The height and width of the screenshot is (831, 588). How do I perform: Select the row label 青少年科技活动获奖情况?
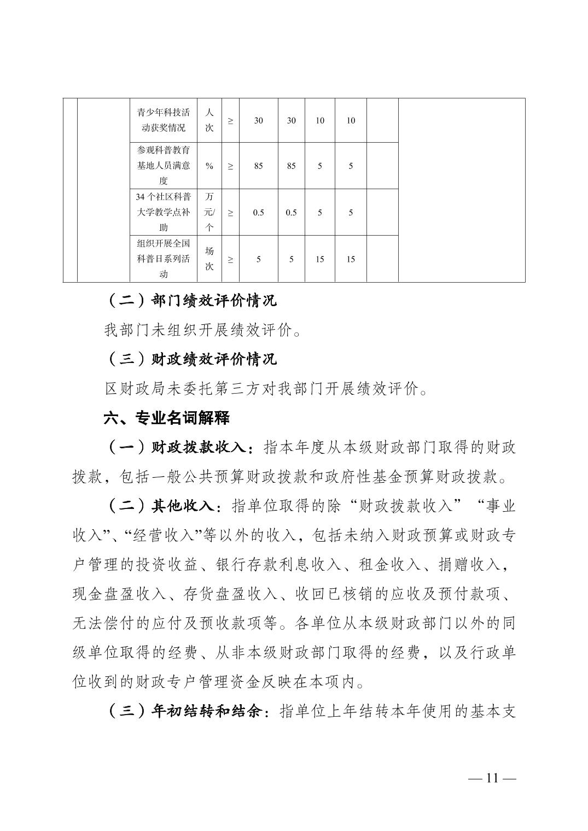point(163,120)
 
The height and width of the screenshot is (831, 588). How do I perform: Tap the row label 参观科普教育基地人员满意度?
point(163,166)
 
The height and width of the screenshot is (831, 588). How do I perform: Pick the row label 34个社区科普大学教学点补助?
point(163,212)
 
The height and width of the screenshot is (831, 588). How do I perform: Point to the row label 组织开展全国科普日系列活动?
point(163,259)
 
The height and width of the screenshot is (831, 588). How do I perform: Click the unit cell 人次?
point(209,120)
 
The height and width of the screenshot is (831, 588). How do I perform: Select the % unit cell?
point(209,166)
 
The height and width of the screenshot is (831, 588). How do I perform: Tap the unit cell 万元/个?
point(209,212)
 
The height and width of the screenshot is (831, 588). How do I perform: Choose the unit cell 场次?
point(209,259)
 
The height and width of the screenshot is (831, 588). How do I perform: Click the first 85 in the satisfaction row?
point(259,166)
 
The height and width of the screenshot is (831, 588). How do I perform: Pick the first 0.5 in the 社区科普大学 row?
point(259,213)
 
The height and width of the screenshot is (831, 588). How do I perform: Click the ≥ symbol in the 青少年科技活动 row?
point(230,121)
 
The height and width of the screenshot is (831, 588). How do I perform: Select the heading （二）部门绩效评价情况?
point(190,300)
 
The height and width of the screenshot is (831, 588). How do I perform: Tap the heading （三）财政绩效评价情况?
point(190,359)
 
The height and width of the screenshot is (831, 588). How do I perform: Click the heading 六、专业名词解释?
point(167,418)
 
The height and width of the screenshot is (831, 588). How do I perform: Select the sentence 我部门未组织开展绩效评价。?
point(202,330)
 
